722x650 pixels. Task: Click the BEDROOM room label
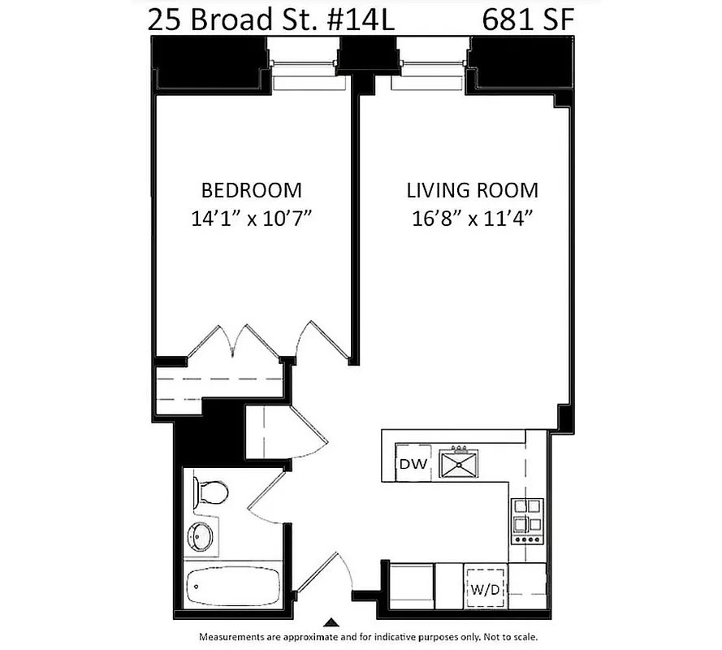point(251,190)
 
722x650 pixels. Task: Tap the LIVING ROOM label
point(472,190)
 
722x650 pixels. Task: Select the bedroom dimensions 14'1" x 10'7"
point(251,218)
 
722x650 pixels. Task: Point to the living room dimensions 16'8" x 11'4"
point(472,218)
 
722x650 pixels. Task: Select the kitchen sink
point(459,463)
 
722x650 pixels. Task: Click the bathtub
point(227,584)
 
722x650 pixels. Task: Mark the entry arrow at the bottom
point(329,622)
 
